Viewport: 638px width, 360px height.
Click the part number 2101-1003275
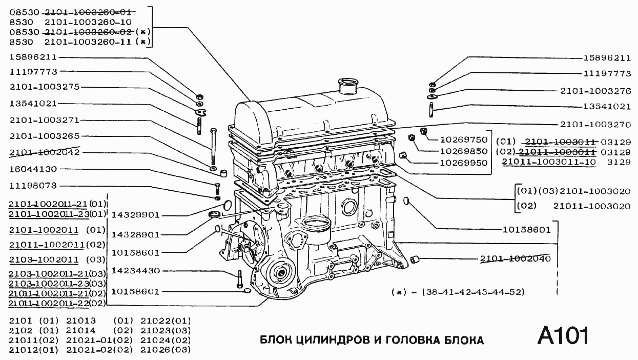[x=44, y=87]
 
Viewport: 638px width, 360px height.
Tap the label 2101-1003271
[x=44, y=120]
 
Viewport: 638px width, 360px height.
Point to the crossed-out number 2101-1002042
[x=44, y=152]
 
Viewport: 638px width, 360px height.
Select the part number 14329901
[x=135, y=215]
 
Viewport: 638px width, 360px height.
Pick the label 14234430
[x=135, y=270]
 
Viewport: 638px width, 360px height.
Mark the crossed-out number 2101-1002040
[x=515, y=258]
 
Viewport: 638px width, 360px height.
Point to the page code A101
[x=563, y=336]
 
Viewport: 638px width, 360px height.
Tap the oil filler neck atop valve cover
[x=348, y=86]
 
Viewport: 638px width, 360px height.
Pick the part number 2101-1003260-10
[x=89, y=22]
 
